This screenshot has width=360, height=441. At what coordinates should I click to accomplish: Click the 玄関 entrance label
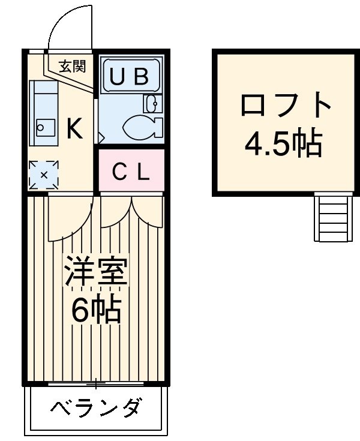[72, 66]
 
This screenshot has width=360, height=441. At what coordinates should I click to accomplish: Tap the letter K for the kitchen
[74, 129]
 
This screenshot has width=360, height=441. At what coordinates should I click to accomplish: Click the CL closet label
[131, 172]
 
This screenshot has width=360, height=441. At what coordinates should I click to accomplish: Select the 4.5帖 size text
[286, 144]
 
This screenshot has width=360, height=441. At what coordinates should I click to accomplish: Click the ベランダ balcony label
[96, 409]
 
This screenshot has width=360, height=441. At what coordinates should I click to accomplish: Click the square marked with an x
[44, 175]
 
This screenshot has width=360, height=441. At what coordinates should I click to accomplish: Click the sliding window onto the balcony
[96, 382]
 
